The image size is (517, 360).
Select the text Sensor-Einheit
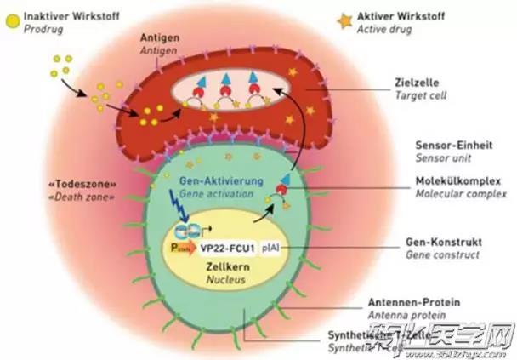(x=440, y=146)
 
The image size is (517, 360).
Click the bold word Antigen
(x=162, y=38)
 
